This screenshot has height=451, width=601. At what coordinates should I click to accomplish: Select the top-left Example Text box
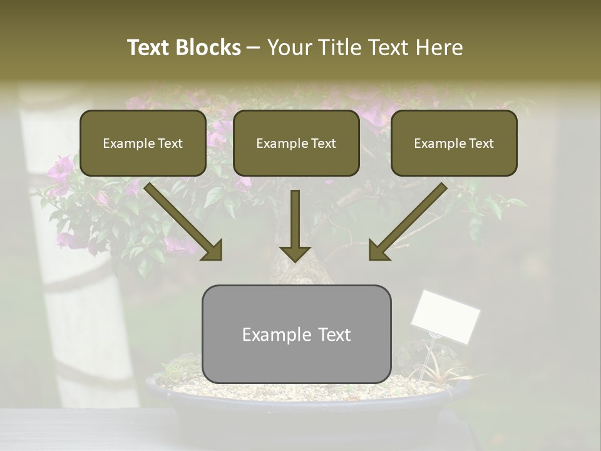point(143,143)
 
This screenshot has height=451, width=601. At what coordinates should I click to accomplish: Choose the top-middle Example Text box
point(296,143)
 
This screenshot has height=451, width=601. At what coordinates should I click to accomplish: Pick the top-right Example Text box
point(454,143)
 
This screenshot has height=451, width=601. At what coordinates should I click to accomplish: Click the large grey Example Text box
point(296,334)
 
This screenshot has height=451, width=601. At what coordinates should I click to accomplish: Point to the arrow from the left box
point(182,220)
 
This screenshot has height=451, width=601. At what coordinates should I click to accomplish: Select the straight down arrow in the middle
point(295,225)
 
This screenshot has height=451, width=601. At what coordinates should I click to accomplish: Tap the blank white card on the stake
point(445,316)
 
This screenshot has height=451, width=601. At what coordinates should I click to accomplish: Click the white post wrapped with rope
point(75,251)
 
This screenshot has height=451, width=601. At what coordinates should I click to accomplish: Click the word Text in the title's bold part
point(149,48)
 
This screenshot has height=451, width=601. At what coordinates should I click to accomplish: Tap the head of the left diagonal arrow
point(213,251)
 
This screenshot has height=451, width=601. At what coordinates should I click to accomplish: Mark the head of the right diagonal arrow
point(379,251)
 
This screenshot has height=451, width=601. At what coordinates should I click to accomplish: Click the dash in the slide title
point(254,48)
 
